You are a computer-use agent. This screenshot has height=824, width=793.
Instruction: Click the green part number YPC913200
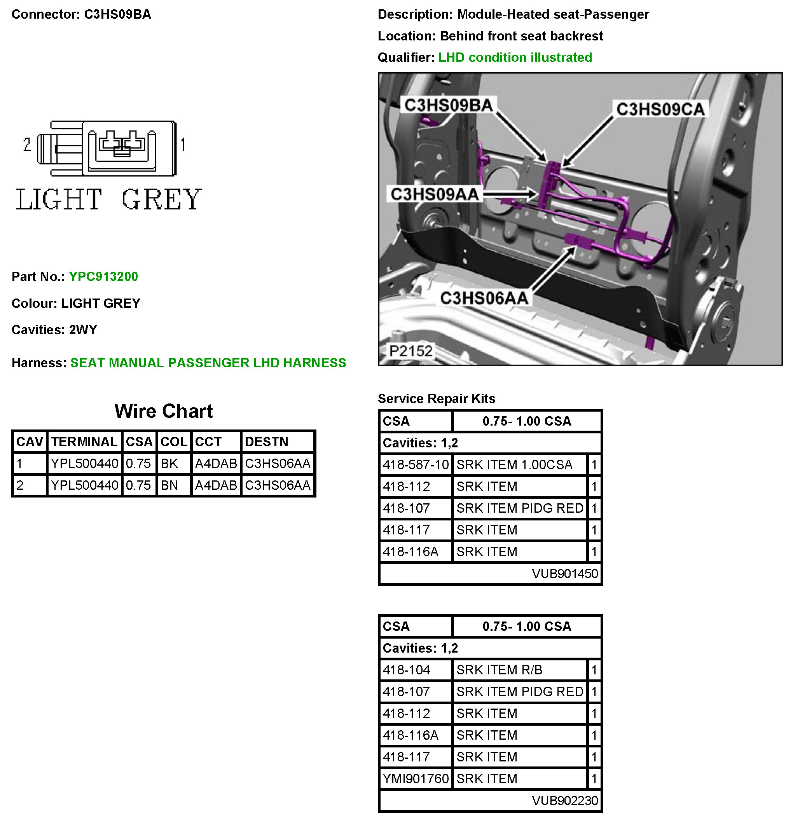click(103, 277)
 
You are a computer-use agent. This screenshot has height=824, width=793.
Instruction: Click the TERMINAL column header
click(84, 442)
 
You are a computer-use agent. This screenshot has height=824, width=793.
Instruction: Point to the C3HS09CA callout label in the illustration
click(660, 109)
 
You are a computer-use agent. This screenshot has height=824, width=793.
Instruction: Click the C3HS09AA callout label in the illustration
click(435, 194)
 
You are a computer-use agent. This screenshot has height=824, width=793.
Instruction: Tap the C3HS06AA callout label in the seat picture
click(484, 298)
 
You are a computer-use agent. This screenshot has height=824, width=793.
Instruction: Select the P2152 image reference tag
click(411, 351)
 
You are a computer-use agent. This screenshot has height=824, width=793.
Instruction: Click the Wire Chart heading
click(164, 411)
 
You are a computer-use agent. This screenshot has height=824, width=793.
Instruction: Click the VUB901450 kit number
click(565, 574)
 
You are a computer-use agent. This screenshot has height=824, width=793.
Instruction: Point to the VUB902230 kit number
click(565, 800)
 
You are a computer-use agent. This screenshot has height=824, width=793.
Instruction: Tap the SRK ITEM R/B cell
click(500, 670)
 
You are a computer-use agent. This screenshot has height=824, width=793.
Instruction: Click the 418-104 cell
click(407, 670)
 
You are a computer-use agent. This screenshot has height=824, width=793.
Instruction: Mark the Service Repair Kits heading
click(437, 398)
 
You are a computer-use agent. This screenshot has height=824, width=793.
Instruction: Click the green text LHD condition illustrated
click(515, 57)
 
